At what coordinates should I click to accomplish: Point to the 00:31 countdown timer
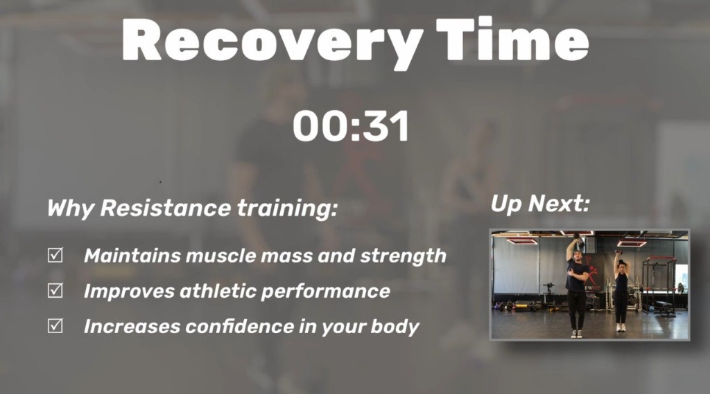(351, 127)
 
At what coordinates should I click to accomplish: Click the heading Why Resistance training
(192, 208)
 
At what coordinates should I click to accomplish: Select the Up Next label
(540, 204)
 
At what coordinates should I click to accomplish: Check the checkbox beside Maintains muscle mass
(55, 256)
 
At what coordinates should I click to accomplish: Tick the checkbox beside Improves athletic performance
(55, 291)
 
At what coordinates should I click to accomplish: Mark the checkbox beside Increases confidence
(55, 326)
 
